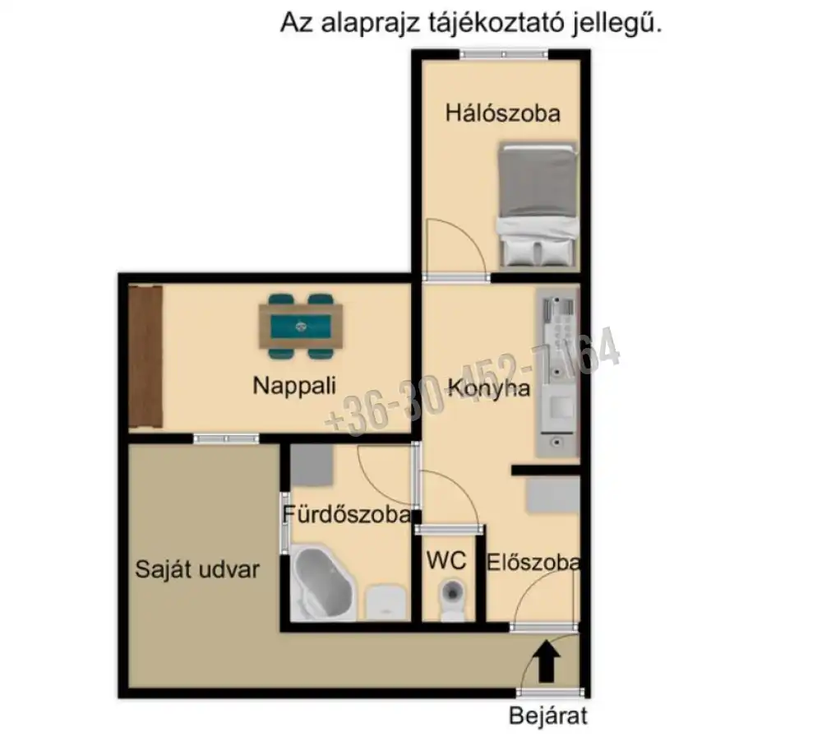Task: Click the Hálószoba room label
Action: click(x=502, y=114)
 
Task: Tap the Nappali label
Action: click(x=294, y=385)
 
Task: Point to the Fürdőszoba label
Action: click(x=347, y=516)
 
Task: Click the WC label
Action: click(x=446, y=561)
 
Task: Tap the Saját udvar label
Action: click(x=198, y=569)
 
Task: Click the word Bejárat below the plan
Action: click(x=548, y=716)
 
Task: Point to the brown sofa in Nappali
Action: click(x=145, y=355)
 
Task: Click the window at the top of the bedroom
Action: click(x=504, y=54)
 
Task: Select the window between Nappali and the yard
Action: click(x=226, y=438)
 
